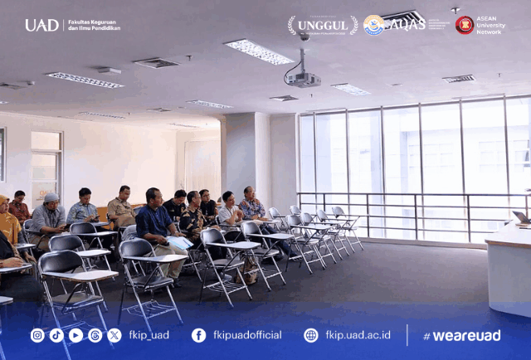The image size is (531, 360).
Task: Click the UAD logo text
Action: (x=41, y=25)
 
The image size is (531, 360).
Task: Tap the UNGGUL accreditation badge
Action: (x=323, y=26)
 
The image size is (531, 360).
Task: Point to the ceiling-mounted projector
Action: (x=303, y=79)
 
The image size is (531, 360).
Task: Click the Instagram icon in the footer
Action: (x=37, y=335)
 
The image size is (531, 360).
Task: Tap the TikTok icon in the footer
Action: (x=56, y=335)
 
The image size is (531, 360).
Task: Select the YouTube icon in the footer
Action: (x=76, y=335)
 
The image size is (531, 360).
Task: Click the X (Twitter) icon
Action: (x=114, y=335)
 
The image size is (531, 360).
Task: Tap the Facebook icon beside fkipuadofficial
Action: (x=199, y=335)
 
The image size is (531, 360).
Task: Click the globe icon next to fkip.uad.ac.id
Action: (x=311, y=335)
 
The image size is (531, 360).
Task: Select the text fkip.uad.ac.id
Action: (x=358, y=335)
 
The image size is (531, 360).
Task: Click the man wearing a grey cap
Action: (x=50, y=217)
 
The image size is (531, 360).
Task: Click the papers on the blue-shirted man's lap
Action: (x=179, y=242)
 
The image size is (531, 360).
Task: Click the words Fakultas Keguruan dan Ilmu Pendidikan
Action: (x=94, y=25)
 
